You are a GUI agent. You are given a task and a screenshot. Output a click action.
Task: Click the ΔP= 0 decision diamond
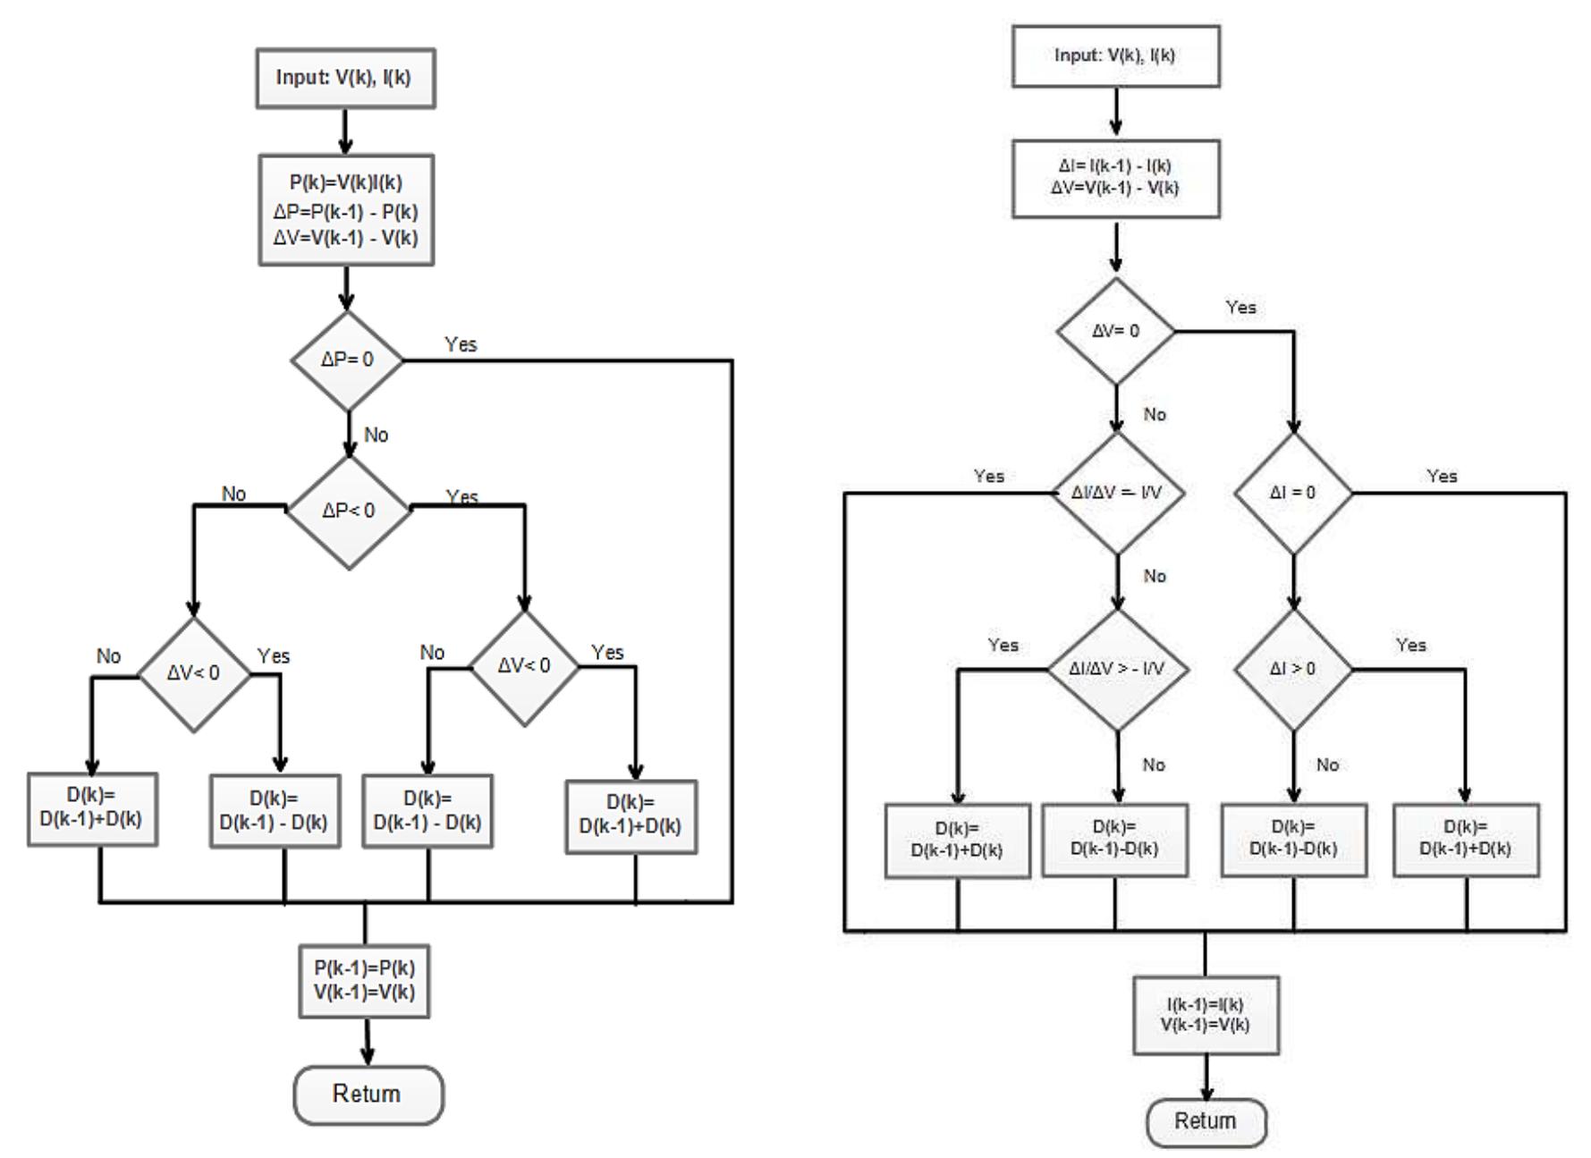(347, 360)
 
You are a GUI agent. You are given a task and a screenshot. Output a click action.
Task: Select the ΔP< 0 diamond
(348, 511)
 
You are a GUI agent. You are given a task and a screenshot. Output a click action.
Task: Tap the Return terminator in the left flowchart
(368, 1094)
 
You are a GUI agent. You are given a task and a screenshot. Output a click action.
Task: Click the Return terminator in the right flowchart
(1206, 1121)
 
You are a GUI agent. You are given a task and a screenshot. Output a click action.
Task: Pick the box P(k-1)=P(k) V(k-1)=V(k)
(365, 980)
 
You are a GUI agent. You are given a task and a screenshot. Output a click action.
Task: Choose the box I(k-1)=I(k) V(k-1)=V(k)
(1206, 1015)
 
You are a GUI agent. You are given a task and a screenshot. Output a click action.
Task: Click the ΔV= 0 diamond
(1115, 331)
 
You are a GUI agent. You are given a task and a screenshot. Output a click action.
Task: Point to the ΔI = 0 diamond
(1292, 493)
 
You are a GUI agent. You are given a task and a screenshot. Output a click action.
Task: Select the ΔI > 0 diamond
(1292, 669)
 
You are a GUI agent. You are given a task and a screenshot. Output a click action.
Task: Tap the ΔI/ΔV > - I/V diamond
(1117, 669)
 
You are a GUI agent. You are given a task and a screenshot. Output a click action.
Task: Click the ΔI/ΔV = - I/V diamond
(1117, 493)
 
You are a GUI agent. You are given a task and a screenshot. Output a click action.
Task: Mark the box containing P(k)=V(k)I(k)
(346, 210)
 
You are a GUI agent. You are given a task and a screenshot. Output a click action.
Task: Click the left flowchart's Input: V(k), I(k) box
(345, 79)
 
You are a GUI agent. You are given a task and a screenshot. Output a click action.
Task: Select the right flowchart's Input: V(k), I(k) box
(1115, 55)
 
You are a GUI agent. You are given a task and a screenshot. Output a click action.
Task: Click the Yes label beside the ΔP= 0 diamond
(461, 344)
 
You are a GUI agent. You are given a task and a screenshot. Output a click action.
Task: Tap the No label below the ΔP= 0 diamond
(377, 435)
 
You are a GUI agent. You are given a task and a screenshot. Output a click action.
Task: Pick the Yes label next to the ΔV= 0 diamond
(1240, 308)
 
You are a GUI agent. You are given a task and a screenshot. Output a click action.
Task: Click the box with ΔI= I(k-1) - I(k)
(1115, 178)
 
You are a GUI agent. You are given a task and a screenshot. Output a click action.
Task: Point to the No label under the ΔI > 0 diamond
(1327, 765)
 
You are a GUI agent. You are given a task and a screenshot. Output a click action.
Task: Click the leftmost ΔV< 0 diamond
(194, 673)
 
